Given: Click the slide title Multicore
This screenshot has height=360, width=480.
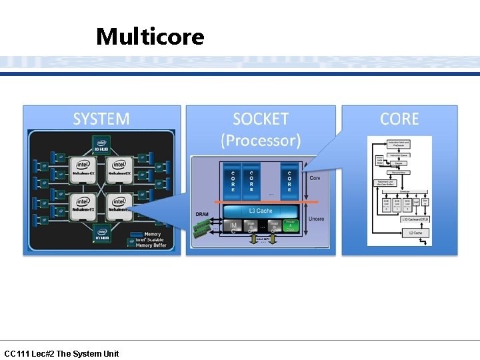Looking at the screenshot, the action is click(x=150, y=36).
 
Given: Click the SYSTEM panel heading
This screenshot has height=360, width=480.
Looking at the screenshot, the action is click(x=101, y=119).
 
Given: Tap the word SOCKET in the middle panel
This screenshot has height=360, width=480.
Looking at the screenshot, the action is click(x=261, y=119).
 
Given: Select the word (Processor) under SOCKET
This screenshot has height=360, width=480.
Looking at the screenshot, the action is click(x=261, y=141).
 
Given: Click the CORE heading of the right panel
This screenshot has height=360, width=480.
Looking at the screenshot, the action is click(x=399, y=119).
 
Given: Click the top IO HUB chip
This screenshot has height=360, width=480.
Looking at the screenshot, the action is click(x=102, y=145).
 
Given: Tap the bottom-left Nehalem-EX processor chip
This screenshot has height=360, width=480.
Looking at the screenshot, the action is click(x=83, y=204).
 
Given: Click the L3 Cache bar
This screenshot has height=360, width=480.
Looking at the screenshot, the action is click(x=261, y=211).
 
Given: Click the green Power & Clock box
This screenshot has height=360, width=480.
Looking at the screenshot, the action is click(x=290, y=225).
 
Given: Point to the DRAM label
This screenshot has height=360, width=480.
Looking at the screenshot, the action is click(x=203, y=213).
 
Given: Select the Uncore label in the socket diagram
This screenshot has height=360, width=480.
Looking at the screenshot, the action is click(x=315, y=219).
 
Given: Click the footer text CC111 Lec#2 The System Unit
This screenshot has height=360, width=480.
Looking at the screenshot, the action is click(x=61, y=353).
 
